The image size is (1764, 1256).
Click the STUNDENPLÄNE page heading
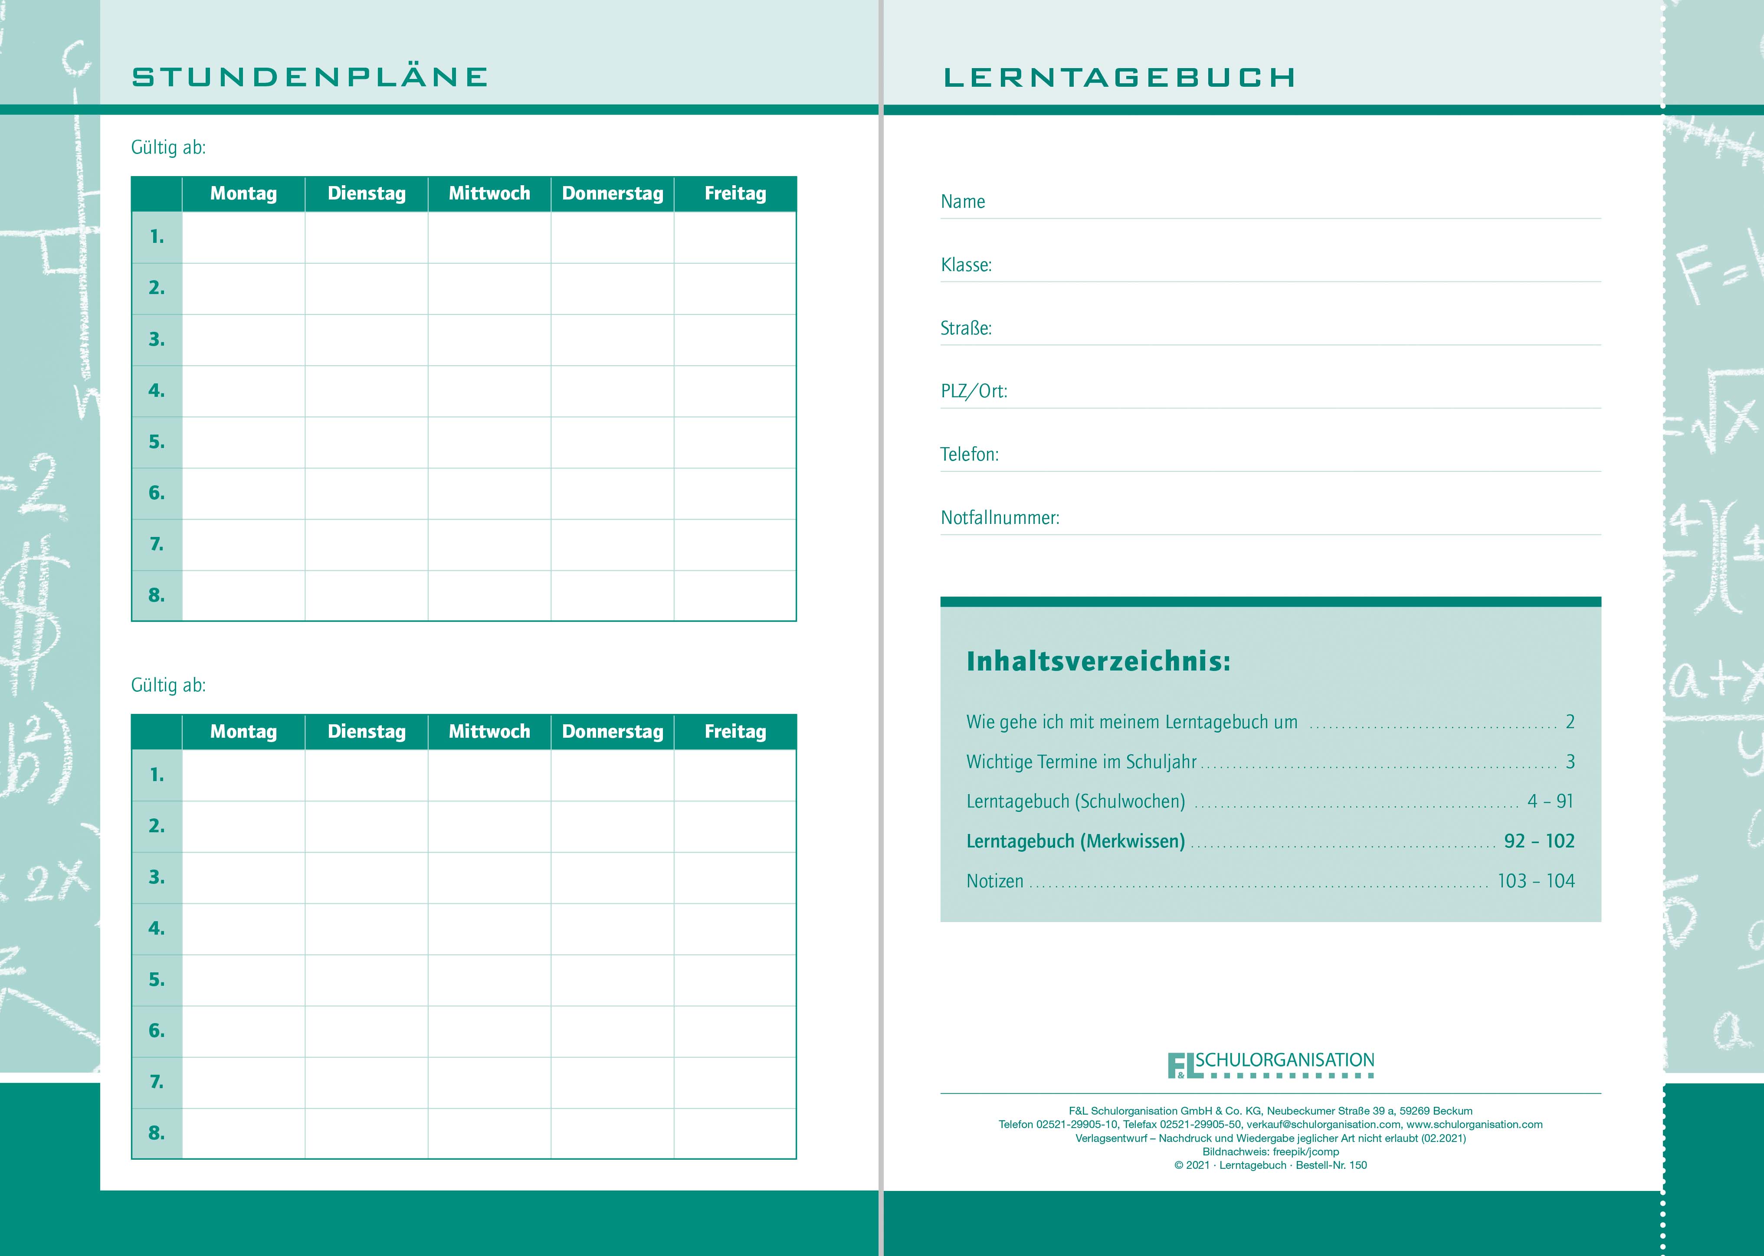click(309, 77)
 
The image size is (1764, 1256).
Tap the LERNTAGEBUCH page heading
click(1119, 77)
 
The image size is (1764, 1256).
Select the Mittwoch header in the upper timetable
click(489, 193)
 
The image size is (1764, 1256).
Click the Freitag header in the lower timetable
click(735, 732)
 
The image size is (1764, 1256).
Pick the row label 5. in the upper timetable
click(157, 442)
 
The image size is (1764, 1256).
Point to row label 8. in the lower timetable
click(157, 1133)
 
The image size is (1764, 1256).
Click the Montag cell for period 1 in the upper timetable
click(244, 237)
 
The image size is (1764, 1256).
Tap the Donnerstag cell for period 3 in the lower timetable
click(612, 877)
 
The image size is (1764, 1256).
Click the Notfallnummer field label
click(1000, 517)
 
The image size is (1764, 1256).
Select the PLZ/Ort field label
click(973, 391)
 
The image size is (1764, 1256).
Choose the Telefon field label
click(970, 454)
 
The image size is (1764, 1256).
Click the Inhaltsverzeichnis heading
click(1098, 661)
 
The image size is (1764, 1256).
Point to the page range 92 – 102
click(1539, 841)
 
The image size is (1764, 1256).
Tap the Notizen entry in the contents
click(994, 881)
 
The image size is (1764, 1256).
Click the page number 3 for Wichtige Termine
click(1570, 762)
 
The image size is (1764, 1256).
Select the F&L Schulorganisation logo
click(1270, 1064)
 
